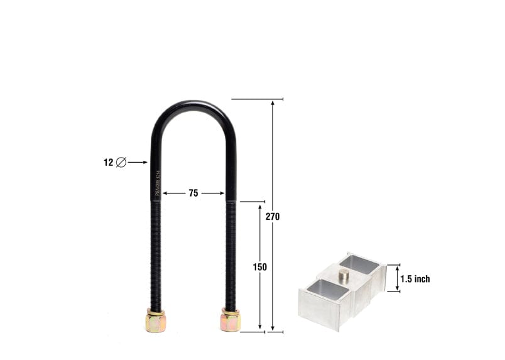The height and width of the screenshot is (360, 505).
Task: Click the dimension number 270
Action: click(272, 217)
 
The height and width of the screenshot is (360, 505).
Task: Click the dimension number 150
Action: click(260, 267)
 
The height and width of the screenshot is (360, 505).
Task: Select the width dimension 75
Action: click(193, 194)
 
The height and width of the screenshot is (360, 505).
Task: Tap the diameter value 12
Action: click(108, 162)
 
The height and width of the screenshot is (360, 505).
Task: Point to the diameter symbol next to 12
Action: click(121, 162)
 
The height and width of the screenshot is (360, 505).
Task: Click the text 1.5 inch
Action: click(415, 279)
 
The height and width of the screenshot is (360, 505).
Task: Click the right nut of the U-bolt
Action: click(231, 321)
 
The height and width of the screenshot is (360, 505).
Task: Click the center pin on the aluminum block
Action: click(344, 275)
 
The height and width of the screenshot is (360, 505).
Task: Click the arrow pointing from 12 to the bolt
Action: click(138, 162)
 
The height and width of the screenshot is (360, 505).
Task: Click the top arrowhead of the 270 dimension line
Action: click(273, 102)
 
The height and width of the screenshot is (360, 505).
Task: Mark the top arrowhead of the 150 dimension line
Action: click(259, 205)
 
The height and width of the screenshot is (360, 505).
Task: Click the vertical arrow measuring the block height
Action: click(396, 278)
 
